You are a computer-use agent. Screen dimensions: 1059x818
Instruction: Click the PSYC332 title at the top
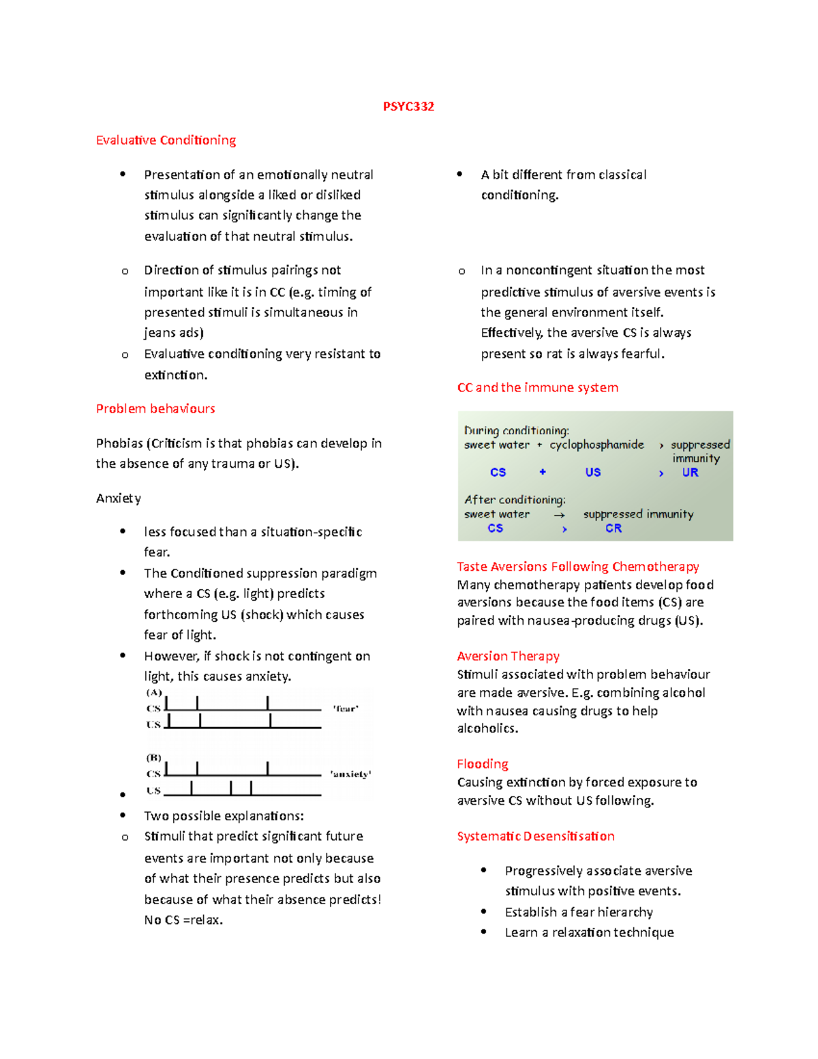click(x=408, y=106)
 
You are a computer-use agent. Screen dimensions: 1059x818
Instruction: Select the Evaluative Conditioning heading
click(x=166, y=140)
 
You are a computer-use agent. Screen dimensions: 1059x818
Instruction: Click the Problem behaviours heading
click(x=155, y=408)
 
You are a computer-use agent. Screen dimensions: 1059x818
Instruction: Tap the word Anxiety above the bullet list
click(x=119, y=498)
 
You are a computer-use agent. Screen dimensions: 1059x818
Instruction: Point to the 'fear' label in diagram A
click(x=346, y=709)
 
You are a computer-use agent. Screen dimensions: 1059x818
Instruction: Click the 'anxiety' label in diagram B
click(x=350, y=774)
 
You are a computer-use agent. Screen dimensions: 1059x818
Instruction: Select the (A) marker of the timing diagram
click(x=154, y=692)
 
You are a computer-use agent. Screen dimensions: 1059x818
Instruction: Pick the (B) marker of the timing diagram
click(x=154, y=758)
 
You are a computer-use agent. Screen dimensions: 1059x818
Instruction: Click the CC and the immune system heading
click(x=538, y=387)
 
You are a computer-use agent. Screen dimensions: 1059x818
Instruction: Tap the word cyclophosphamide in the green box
click(x=596, y=445)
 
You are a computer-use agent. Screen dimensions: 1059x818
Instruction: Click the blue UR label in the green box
click(x=690, y=473)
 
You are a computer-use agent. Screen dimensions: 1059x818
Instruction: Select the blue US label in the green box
click(x=592, y=473)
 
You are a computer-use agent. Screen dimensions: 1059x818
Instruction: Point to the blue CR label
click(x=613, y=528)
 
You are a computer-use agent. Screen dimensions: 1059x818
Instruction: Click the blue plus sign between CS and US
click(x=543, y=472)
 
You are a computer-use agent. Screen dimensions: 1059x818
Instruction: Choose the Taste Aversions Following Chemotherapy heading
click(x=578, y=567)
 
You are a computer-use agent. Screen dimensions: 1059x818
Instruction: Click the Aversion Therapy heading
click(x=508, y=656)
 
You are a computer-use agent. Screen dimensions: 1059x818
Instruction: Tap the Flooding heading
click(x=483, y=764)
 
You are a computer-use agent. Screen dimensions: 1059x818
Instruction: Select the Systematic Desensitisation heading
click(x=536, y=836)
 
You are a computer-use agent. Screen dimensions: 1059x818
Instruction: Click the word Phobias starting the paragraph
click(x=120, y=443)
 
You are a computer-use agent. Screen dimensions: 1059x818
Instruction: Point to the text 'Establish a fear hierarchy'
click(x=579, y=912)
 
